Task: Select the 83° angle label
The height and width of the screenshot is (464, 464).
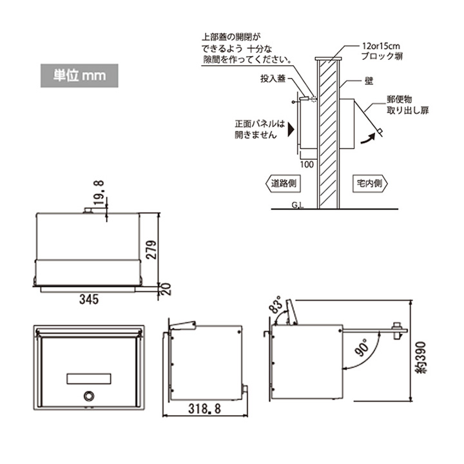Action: (276, 307)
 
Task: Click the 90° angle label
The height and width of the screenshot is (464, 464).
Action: (362, 349)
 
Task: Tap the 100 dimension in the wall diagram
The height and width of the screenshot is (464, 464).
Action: (307, 165)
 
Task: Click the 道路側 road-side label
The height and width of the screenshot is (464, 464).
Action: (281, 183)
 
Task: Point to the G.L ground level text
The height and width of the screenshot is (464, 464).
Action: (298, 206)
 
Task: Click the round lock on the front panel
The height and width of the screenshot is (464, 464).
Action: (88, 396)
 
